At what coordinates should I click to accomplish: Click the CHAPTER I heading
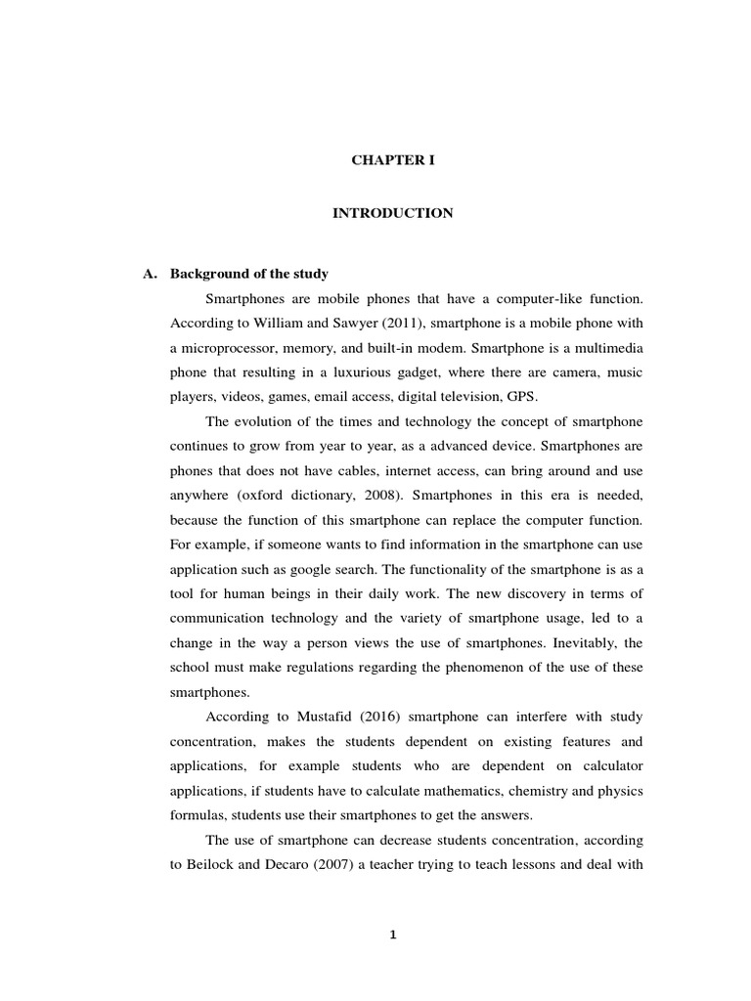click(x=393, y=160)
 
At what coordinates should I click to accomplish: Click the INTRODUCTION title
click(x=392, y=213)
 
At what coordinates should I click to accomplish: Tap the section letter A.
click(x=149, y=273)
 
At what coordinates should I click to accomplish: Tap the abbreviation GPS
click(x=522, y=398)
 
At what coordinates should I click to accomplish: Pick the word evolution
click(x=263, y=422)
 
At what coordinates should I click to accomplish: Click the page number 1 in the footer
click(x=392, y=935)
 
